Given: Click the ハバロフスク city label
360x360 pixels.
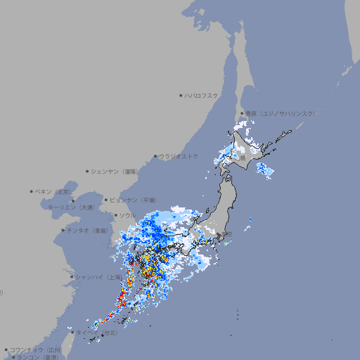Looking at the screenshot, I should (x=202, y=95).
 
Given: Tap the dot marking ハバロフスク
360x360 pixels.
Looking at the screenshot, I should (x=181, y=95).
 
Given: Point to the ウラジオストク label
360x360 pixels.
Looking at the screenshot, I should (x=179, y=156).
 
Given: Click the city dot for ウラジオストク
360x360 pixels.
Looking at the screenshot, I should (x=155, y=157).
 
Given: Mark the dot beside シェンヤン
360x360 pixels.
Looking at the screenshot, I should (x=88, y=171).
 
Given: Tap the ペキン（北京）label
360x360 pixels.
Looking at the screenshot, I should (x=54, y=191).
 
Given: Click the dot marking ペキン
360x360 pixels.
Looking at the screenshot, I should (x=32, y=191).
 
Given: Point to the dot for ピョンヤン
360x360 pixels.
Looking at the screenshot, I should (x=106, y=200).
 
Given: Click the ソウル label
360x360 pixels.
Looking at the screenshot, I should (x=127, y=215).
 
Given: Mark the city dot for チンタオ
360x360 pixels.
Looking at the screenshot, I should (x=63, y=230).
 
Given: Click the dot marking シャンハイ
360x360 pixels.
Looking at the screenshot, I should (x=72, y=276).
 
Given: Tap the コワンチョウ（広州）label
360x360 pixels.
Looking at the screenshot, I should (x=36, y=349).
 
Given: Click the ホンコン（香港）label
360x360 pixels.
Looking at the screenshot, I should (x=38, y=357).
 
